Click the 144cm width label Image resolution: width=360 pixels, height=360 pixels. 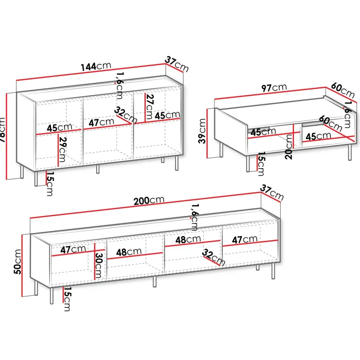[96, 66]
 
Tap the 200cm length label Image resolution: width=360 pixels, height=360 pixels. [149, 200]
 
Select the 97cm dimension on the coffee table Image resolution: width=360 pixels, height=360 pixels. [274, 87]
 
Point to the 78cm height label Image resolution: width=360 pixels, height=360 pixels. [2, 130]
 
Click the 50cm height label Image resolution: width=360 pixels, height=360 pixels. [18, 262]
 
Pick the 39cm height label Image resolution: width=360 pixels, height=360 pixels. [202, 131]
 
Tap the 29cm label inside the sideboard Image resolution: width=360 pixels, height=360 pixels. [63, 149]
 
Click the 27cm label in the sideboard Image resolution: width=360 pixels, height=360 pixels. [149, 107]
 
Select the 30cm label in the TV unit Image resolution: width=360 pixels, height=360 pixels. [99, 265]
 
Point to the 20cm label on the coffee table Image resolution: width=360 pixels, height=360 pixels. [288, 147]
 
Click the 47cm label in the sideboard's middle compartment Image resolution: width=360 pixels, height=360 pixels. [101, 122]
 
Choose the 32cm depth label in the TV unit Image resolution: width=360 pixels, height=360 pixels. [214, 257]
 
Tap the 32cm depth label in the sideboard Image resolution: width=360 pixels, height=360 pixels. [126, 115]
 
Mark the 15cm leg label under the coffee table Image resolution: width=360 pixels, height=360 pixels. [261, 164]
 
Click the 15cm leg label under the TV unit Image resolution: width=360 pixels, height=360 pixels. [67, 299]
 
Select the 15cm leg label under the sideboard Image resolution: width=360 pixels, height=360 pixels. [50, 183]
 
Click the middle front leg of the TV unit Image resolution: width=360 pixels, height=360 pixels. [155, 282]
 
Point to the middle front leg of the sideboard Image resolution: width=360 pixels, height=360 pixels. [98, 169]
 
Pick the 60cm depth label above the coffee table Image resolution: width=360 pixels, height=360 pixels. [343, 90]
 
